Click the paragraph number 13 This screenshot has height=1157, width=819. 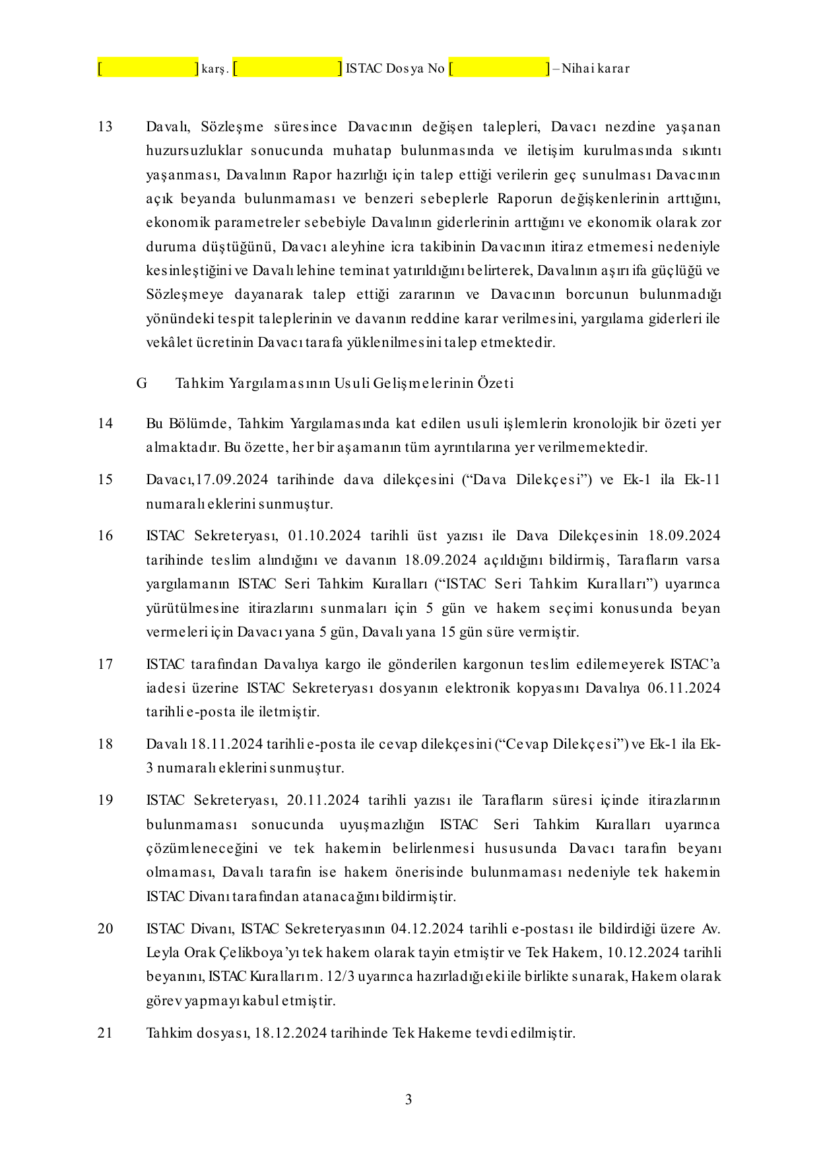coord(105,127)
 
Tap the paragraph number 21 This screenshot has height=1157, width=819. coord(105,1033)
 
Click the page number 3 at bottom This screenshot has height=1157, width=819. coord(409,1100)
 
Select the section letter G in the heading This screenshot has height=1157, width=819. coord(141,383)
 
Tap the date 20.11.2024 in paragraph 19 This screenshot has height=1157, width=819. coord(323,800)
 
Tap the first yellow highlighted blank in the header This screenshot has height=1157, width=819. coord(148,68)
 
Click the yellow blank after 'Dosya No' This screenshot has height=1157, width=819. coord(499,68)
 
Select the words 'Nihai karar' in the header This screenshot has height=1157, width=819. coord(595,68)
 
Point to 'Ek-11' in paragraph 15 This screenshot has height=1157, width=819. coord(702,480)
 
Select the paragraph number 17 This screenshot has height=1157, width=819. coord(105,664)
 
